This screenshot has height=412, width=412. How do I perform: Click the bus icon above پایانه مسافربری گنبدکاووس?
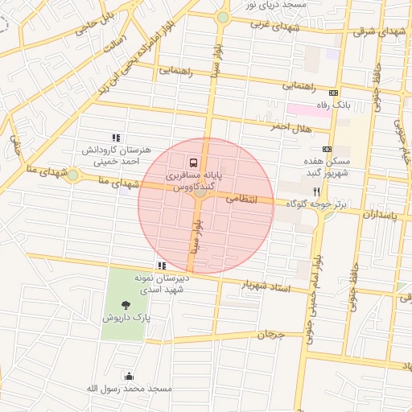point(192,160)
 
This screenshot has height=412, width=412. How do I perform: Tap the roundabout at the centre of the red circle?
point(200,192)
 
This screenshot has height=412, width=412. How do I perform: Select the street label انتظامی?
point(241,197)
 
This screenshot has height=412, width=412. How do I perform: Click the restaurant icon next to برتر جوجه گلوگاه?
point(317,192)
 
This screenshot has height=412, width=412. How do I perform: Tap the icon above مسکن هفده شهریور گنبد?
point(327,149)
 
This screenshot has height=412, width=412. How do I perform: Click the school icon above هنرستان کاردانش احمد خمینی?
point(116,138)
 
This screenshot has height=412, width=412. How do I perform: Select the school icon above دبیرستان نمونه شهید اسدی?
point(162,265)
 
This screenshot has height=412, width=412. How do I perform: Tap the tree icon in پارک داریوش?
point(126,304)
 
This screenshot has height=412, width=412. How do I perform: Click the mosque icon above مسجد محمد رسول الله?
point(129,376)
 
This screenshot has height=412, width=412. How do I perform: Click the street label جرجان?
point(271,334)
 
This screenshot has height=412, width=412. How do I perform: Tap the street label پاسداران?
point(375,216)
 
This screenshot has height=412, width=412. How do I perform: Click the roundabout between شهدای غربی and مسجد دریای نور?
point(223,17)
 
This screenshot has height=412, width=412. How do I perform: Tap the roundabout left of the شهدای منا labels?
point(72,175)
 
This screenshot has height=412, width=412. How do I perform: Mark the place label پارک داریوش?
point(126,318)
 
